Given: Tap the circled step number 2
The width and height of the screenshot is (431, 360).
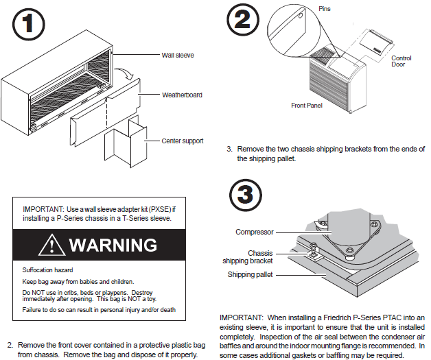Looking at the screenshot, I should click(x=242, y=21).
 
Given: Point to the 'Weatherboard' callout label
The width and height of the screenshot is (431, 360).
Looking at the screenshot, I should click(x=182, y=95).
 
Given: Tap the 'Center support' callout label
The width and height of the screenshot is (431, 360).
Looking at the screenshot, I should click(x=182, y=141).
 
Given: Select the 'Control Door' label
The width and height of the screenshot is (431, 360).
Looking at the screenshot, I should click(x=401, y=62).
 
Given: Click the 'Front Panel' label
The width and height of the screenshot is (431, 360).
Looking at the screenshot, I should click(x=307, y=106).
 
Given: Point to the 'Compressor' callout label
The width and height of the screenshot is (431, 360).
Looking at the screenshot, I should click(x=255, y=232).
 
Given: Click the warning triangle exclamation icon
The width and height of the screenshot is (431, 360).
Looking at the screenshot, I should click(x=52, y=245).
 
